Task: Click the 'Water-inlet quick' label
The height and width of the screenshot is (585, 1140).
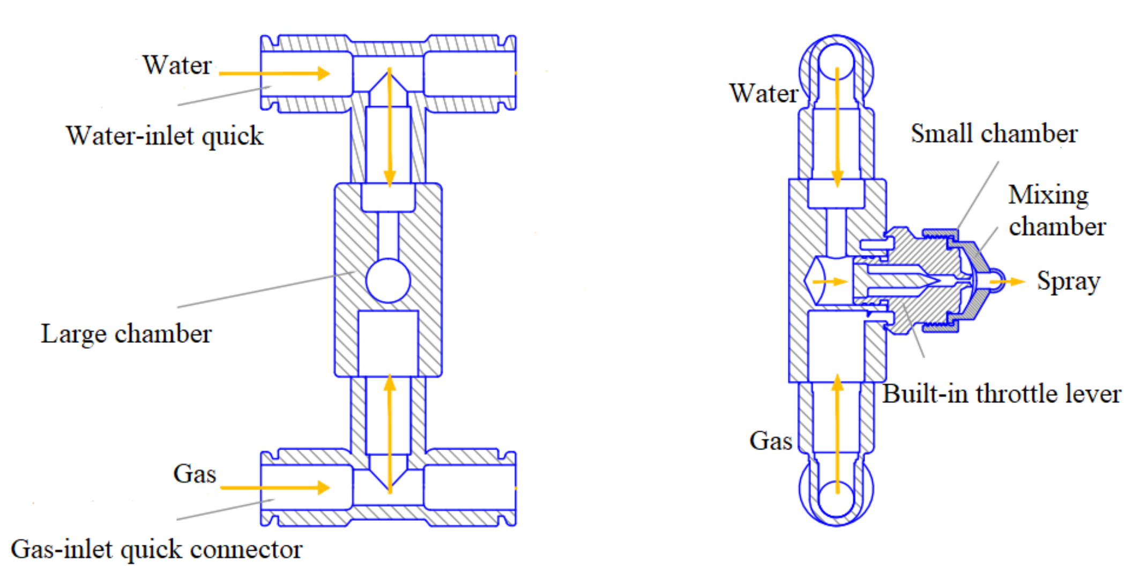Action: (165, 136)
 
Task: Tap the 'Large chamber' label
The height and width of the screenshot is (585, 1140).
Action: (126, 334)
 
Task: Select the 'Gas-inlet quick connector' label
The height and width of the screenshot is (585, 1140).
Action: (157, 549)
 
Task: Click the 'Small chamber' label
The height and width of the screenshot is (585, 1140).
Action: (994, 133)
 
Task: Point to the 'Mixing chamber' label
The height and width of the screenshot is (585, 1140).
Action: (1056, 211)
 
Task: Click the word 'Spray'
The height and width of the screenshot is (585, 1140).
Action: (1068, 281)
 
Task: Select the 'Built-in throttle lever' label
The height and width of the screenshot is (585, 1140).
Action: (1001, 394)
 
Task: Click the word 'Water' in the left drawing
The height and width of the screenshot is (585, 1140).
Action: (177, 65)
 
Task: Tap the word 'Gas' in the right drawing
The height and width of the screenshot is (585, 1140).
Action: (770, 441)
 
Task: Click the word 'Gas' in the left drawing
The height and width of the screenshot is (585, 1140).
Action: (194, 474)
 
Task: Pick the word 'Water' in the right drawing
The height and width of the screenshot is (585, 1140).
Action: (764, 93)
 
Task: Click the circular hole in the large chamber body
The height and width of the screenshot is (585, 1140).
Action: (388, 280)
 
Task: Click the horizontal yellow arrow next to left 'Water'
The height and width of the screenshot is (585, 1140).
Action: (274, 73)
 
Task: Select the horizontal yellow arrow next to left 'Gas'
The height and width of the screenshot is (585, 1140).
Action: (275, 487)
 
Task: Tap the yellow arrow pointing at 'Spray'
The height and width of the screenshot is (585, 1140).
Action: (1008, 281)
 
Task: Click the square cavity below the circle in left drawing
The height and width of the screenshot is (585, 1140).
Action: (388, 343)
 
